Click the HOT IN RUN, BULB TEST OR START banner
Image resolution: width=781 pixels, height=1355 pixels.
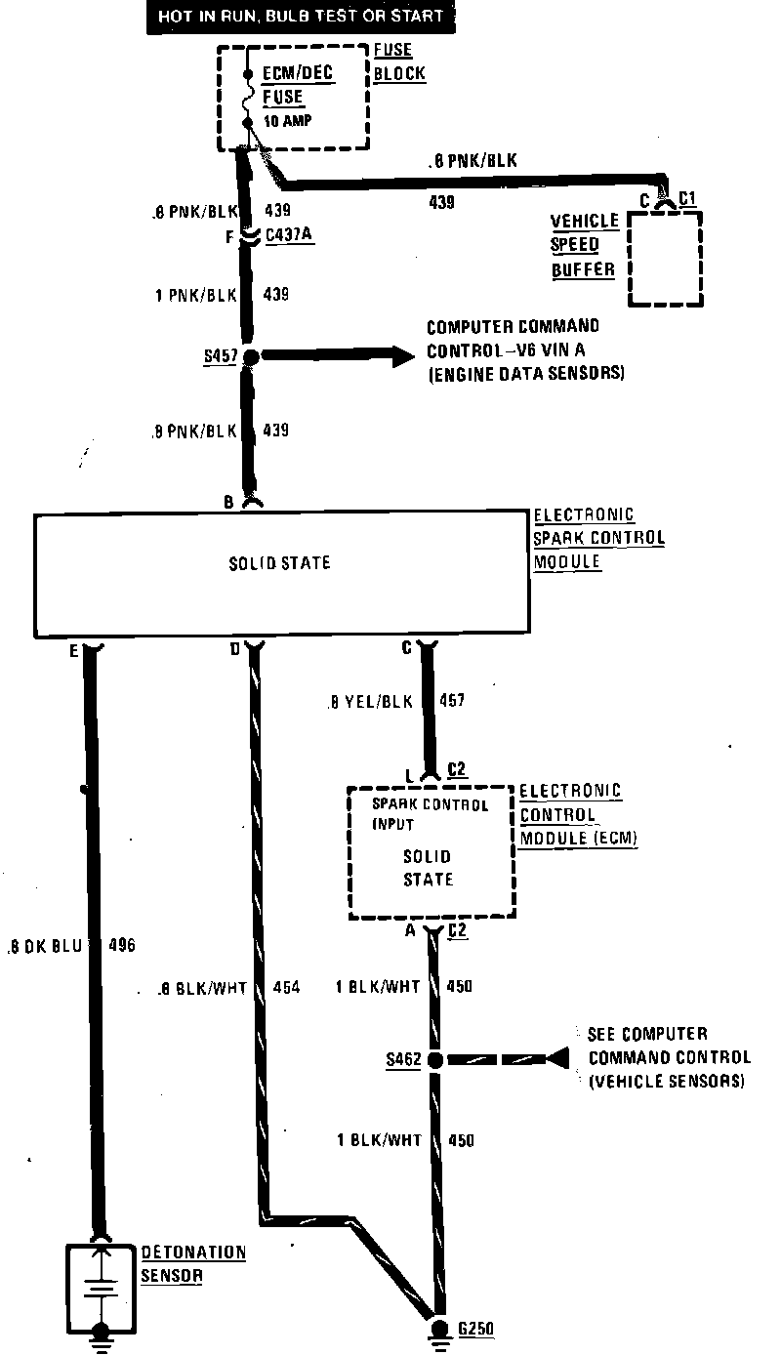[x=301, y=16]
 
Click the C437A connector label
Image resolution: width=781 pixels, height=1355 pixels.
[x=290, y=235]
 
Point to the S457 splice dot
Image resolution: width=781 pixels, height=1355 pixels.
[x=250, y=357]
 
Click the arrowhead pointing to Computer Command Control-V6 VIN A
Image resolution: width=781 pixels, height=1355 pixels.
[x=402, y=357]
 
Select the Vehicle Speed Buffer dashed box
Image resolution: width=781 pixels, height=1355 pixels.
[x=665, y=259]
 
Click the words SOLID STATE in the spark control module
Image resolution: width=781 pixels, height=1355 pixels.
[x=279, y=563]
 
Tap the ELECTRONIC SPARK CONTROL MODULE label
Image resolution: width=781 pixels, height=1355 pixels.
[x=597, y=538]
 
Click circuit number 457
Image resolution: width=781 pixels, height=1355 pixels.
[x=452, y=701]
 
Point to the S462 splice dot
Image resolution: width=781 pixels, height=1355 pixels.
[x=435, y=1059]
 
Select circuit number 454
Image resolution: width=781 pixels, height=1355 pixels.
[x=286, y=988]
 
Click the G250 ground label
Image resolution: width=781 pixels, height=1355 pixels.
[x=475, y=1329]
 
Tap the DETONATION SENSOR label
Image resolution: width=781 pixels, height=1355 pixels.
[x=192, y=1264]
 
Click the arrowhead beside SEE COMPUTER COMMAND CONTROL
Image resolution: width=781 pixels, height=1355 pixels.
[x=556, y=1058]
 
